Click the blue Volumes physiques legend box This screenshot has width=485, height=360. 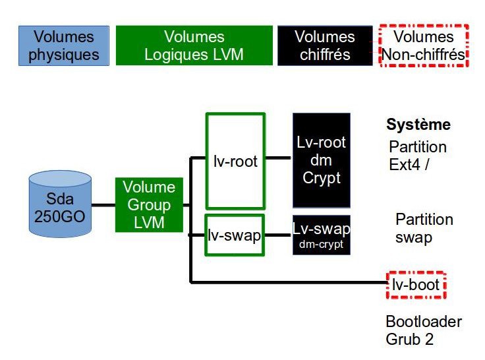click(64, 45)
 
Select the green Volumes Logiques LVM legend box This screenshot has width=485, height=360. click(194, 45)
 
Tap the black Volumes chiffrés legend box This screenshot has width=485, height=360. click(324, 45)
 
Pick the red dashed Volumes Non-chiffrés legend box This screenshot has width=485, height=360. click(423, 45)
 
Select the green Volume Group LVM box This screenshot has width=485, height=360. click(149, 204)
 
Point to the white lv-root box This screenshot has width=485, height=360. click(235, 160)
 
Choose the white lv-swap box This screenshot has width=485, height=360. click(235, 234)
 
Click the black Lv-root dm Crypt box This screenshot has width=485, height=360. click(322, 160)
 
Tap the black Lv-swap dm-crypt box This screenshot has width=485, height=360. click(322, 235)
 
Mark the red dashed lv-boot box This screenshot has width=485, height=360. click(416, 285)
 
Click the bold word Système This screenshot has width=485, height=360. click(418, 125)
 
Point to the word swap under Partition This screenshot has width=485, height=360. click(414, 237)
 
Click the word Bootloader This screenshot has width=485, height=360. click(424, 322)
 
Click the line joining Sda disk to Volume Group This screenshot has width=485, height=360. click(103, 205)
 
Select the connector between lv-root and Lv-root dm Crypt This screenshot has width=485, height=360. click(279, 158)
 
